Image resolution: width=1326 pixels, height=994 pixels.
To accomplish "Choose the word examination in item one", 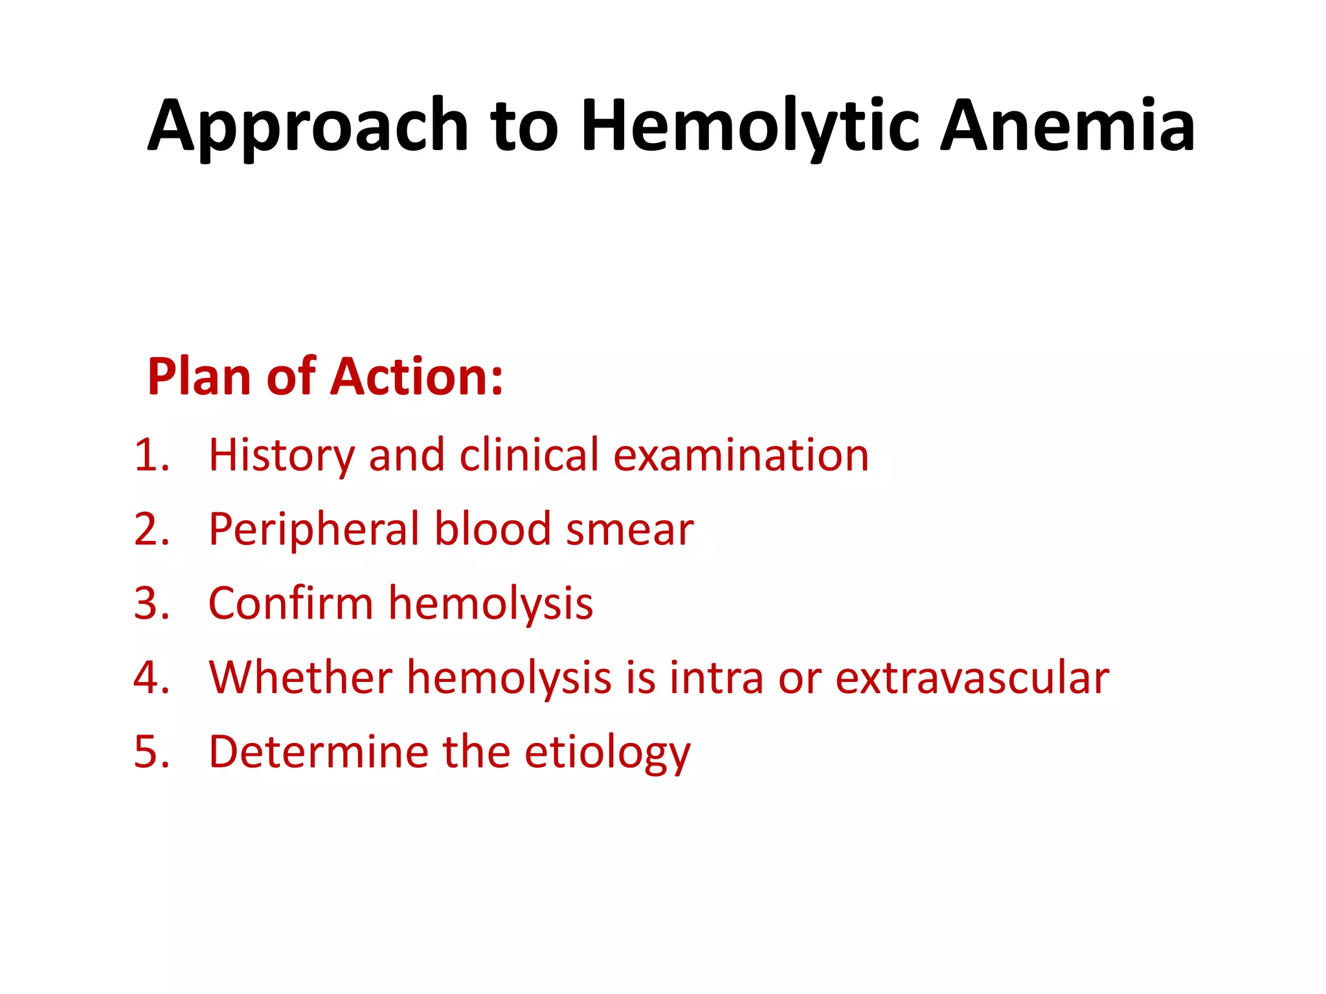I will [x=741, y=455].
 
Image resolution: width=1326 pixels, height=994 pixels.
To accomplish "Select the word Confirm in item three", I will [x=291, y=604].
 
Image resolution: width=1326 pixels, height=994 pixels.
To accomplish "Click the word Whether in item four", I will [x=300, y=678].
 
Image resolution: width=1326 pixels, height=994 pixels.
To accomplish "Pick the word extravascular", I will [x=972, y=678].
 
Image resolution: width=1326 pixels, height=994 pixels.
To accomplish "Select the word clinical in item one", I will [x=529, y=455].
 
